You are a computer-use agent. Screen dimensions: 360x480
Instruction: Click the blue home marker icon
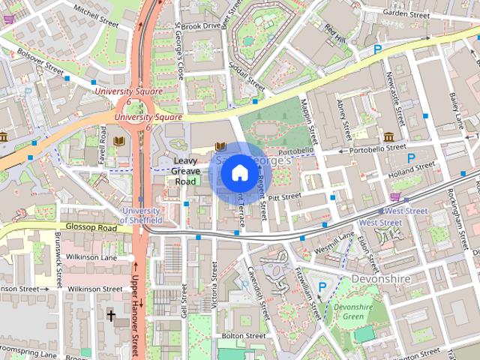(x=238, y=172)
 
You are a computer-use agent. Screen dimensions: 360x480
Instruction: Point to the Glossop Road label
(x=91, y=227)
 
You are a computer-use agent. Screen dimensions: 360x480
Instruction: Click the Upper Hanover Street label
(x=136, y=307)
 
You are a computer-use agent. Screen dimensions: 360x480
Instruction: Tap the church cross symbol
(x=111, y=316)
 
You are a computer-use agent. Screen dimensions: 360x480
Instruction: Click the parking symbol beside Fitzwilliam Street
(x=323, y=286)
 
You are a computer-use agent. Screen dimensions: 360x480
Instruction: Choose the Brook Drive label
(x=200, y=25)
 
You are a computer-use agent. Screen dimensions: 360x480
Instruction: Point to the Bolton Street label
(x=239, y=336)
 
